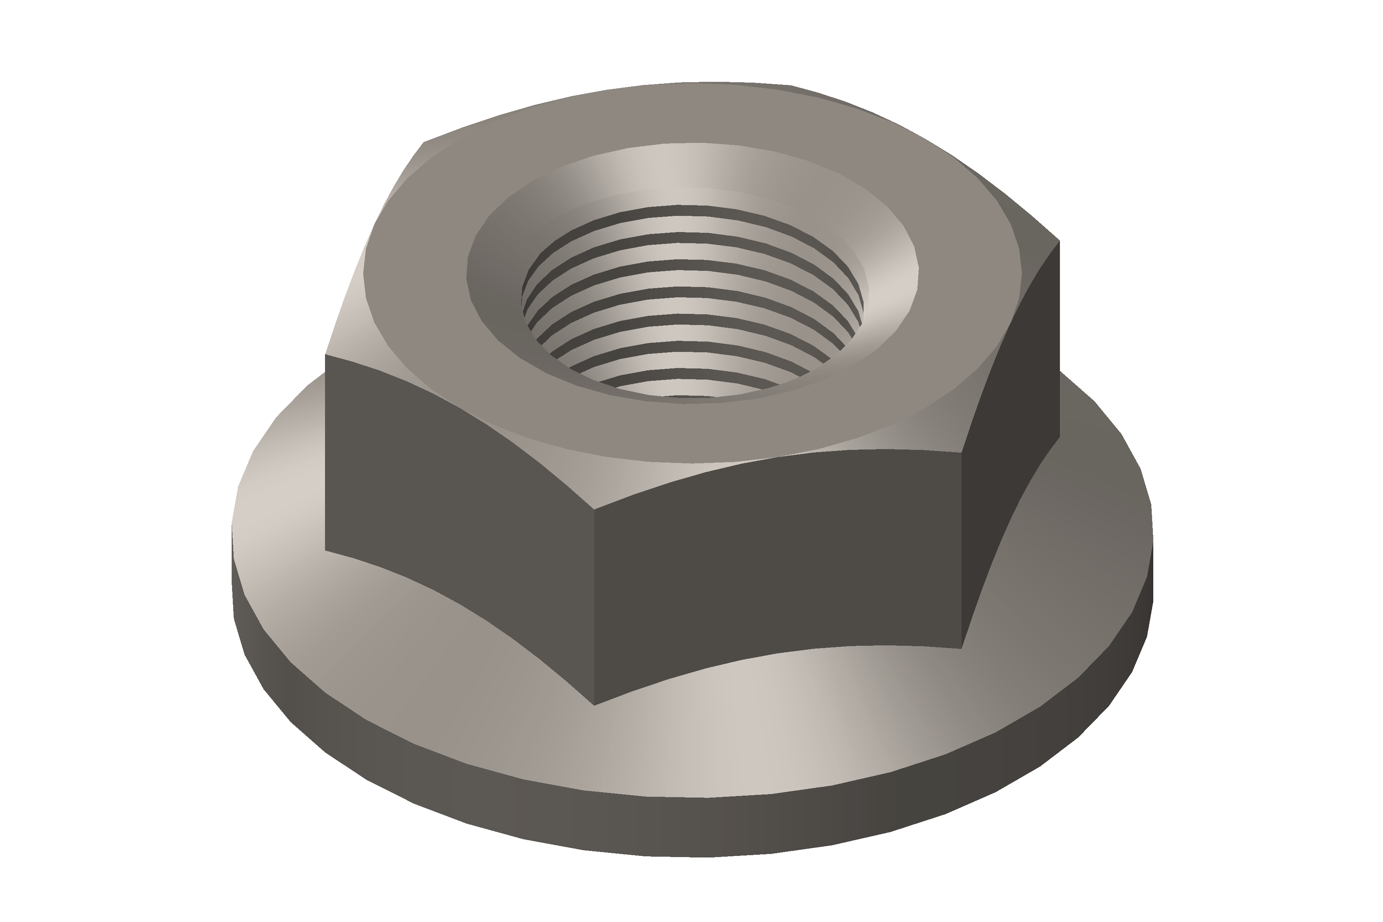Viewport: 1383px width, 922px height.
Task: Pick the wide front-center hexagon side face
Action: tap(776, 564)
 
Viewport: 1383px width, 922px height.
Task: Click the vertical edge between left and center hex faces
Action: tap(594, 606)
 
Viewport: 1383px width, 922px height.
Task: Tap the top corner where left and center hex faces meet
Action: tap(594, 509)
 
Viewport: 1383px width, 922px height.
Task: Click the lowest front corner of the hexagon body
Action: tap(594, 705)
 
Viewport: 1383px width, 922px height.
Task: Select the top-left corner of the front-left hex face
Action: tap(325, 355)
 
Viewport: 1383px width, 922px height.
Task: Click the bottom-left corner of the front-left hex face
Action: tap(325, 551)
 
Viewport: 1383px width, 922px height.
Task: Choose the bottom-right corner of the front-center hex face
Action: tap(962, 648)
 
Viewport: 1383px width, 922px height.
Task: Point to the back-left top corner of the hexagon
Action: tap(424, 142)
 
